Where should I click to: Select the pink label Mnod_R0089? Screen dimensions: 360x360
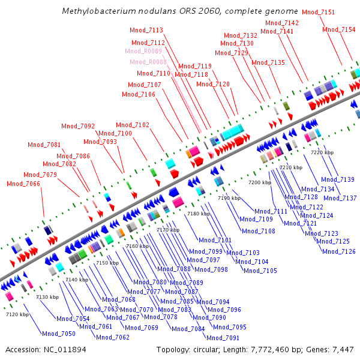[x=145, y=52]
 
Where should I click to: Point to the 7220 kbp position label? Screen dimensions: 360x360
[x=322, y=152]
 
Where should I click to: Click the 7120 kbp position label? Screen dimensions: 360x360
[x=17, y=314]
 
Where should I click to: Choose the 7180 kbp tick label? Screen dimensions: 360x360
[x=199, y=214]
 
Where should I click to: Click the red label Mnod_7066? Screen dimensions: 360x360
[x=23, y=184]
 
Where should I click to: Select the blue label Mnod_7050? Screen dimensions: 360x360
[x=58, y=334]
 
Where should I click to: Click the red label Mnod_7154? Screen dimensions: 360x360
[x=338, y=30]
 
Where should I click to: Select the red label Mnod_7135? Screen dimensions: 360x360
[x=268, y=63]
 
